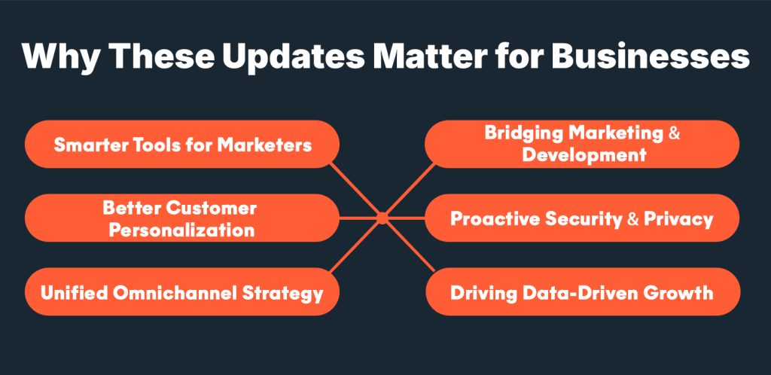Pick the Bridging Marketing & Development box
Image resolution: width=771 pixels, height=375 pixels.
(x=583, y=144)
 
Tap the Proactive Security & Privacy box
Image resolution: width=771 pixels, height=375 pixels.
(x=583, y=218)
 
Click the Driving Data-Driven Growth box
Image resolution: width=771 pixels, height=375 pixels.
(x=583, y=292)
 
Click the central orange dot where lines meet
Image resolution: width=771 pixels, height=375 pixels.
(x=382, y=218)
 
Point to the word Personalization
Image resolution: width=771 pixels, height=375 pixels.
(x=181, y=230)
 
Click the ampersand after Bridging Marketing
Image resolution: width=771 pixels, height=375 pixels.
(x=675, y=133)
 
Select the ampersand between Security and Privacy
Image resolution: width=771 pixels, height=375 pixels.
(x=633, y=218)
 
